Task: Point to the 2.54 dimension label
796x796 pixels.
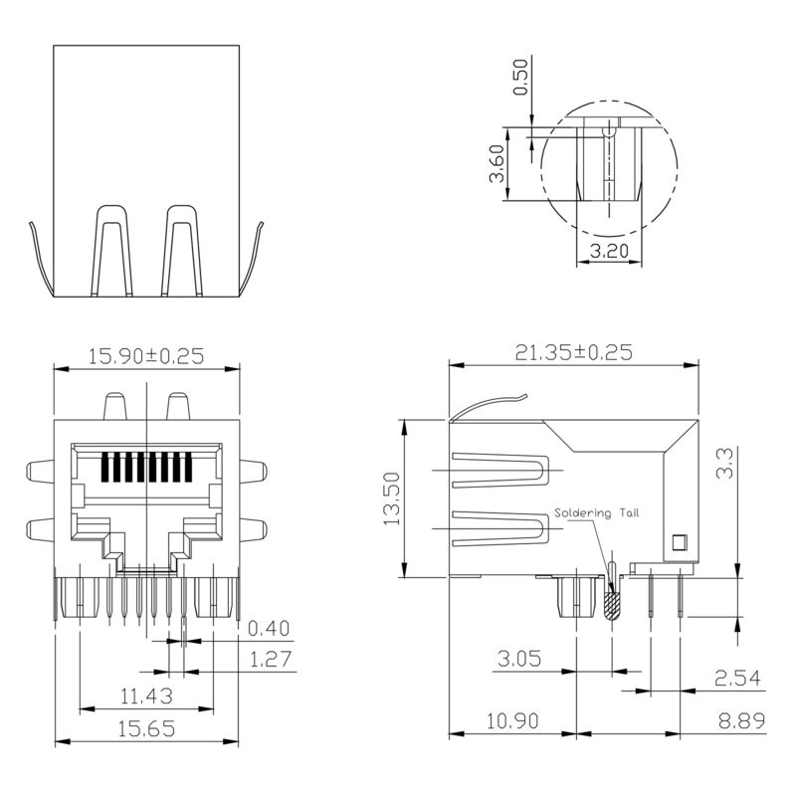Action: tap(737, 679)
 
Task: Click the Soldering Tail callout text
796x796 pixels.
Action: tap(598, 513)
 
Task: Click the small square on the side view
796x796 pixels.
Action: tap(681, 542)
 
